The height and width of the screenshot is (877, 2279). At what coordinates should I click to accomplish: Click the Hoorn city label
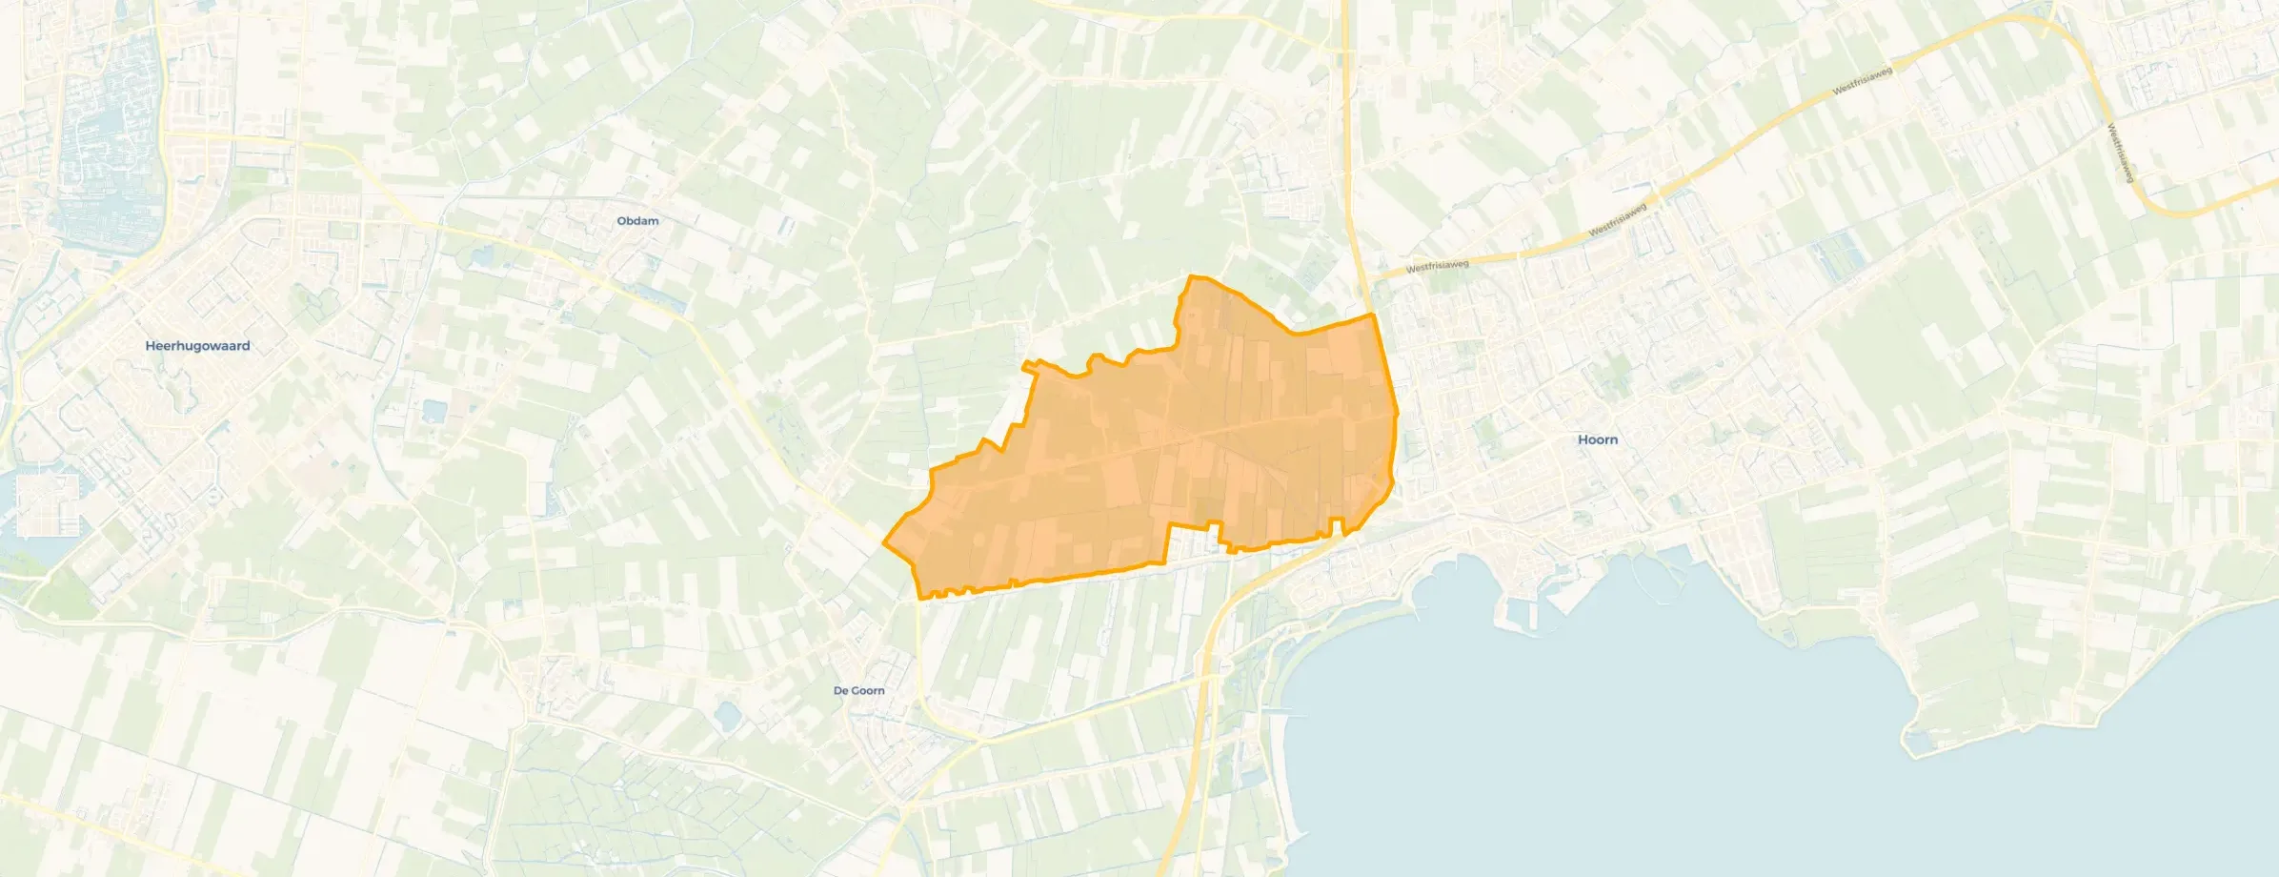pos(1598,439)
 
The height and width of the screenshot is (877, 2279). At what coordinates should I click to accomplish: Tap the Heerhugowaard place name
pos(197,346)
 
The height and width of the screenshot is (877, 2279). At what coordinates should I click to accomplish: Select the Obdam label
pos(637,221)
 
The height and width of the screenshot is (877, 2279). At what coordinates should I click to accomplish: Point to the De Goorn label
pos(858,690)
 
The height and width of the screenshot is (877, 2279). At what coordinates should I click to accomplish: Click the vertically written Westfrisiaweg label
pos(2119,153)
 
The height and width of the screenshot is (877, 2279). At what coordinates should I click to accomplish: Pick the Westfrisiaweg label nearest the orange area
pos(1438,266)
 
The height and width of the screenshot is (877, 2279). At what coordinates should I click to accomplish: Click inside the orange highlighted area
pos(1191,448)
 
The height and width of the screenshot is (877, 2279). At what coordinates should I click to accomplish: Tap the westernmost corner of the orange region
pos(885,545)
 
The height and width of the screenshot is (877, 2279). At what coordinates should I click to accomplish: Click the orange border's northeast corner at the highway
pos(1372,314)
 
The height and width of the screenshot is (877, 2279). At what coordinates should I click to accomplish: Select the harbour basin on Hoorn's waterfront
pos(1524,610)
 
